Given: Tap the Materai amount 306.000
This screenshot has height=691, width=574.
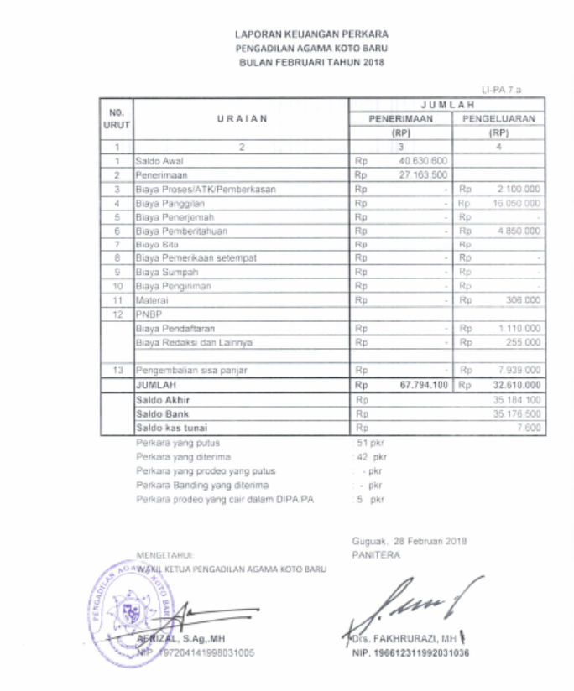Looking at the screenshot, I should tap(523, 299).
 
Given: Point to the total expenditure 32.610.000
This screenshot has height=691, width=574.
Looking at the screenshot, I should tap(510, 384).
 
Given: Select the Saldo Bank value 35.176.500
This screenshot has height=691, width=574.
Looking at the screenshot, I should tap(516, 413).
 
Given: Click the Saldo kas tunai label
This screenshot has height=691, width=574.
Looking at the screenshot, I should tap(168, 428).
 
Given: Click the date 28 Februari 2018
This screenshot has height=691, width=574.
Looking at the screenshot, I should tap(435, 542).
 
